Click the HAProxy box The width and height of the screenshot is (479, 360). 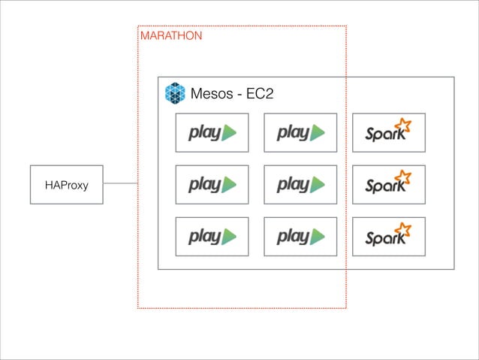(66, 184)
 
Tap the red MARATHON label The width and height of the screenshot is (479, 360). (170, 35)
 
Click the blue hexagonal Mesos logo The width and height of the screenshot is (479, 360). (175, 93)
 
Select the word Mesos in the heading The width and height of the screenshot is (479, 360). (212, 94)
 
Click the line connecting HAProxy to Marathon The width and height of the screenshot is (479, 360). (120, 183)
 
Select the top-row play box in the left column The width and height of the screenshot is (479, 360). (212, 132)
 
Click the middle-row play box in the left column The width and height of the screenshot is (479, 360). (212, 184)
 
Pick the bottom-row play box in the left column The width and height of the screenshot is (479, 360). (212, 236)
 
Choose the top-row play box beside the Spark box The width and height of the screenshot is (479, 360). (300, 132)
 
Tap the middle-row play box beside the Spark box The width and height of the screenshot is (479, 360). (300, 184)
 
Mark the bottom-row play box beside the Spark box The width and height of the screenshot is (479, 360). (300, 236)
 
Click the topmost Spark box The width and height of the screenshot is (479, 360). (389, 132)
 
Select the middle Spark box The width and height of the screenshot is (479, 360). (389, 184)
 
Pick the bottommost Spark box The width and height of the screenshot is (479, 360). (389, 236)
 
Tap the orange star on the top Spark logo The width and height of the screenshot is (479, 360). (403, 126)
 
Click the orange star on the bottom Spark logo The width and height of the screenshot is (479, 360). (403, 229)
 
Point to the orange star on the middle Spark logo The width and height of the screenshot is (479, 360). (403, 177)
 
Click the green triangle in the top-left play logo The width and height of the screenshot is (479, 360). (230, 133)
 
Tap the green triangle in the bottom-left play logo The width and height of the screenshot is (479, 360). (230, 237)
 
